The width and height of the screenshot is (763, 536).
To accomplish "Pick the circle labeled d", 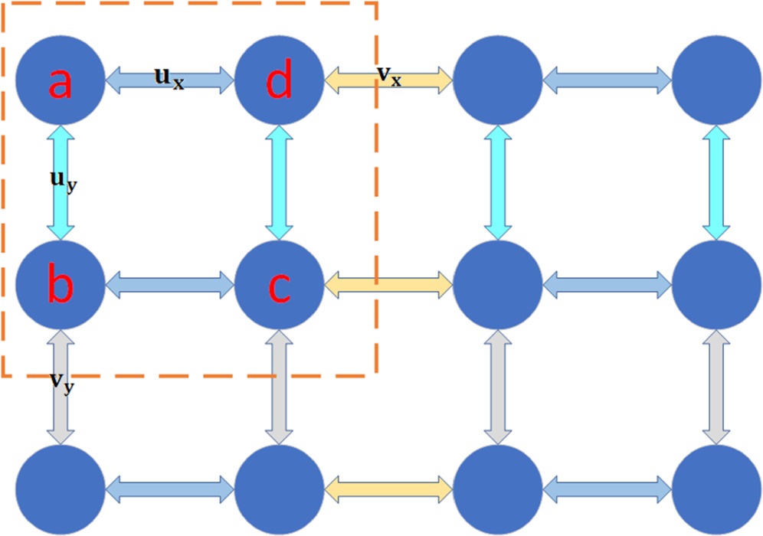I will [279, 80].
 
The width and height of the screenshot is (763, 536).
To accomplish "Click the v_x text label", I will [389, 75].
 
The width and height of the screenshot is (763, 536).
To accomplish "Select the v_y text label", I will [62, 383].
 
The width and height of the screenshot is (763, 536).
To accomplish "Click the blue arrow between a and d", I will [169, 79].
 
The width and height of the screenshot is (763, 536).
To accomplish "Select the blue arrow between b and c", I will [169, 284].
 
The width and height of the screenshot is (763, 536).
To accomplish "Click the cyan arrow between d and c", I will [279, 182].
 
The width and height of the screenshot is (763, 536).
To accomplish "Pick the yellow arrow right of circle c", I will [389, 284].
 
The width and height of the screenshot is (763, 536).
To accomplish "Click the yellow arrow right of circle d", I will [389, 79].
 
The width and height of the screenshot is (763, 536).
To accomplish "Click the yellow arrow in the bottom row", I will [389, 488].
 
